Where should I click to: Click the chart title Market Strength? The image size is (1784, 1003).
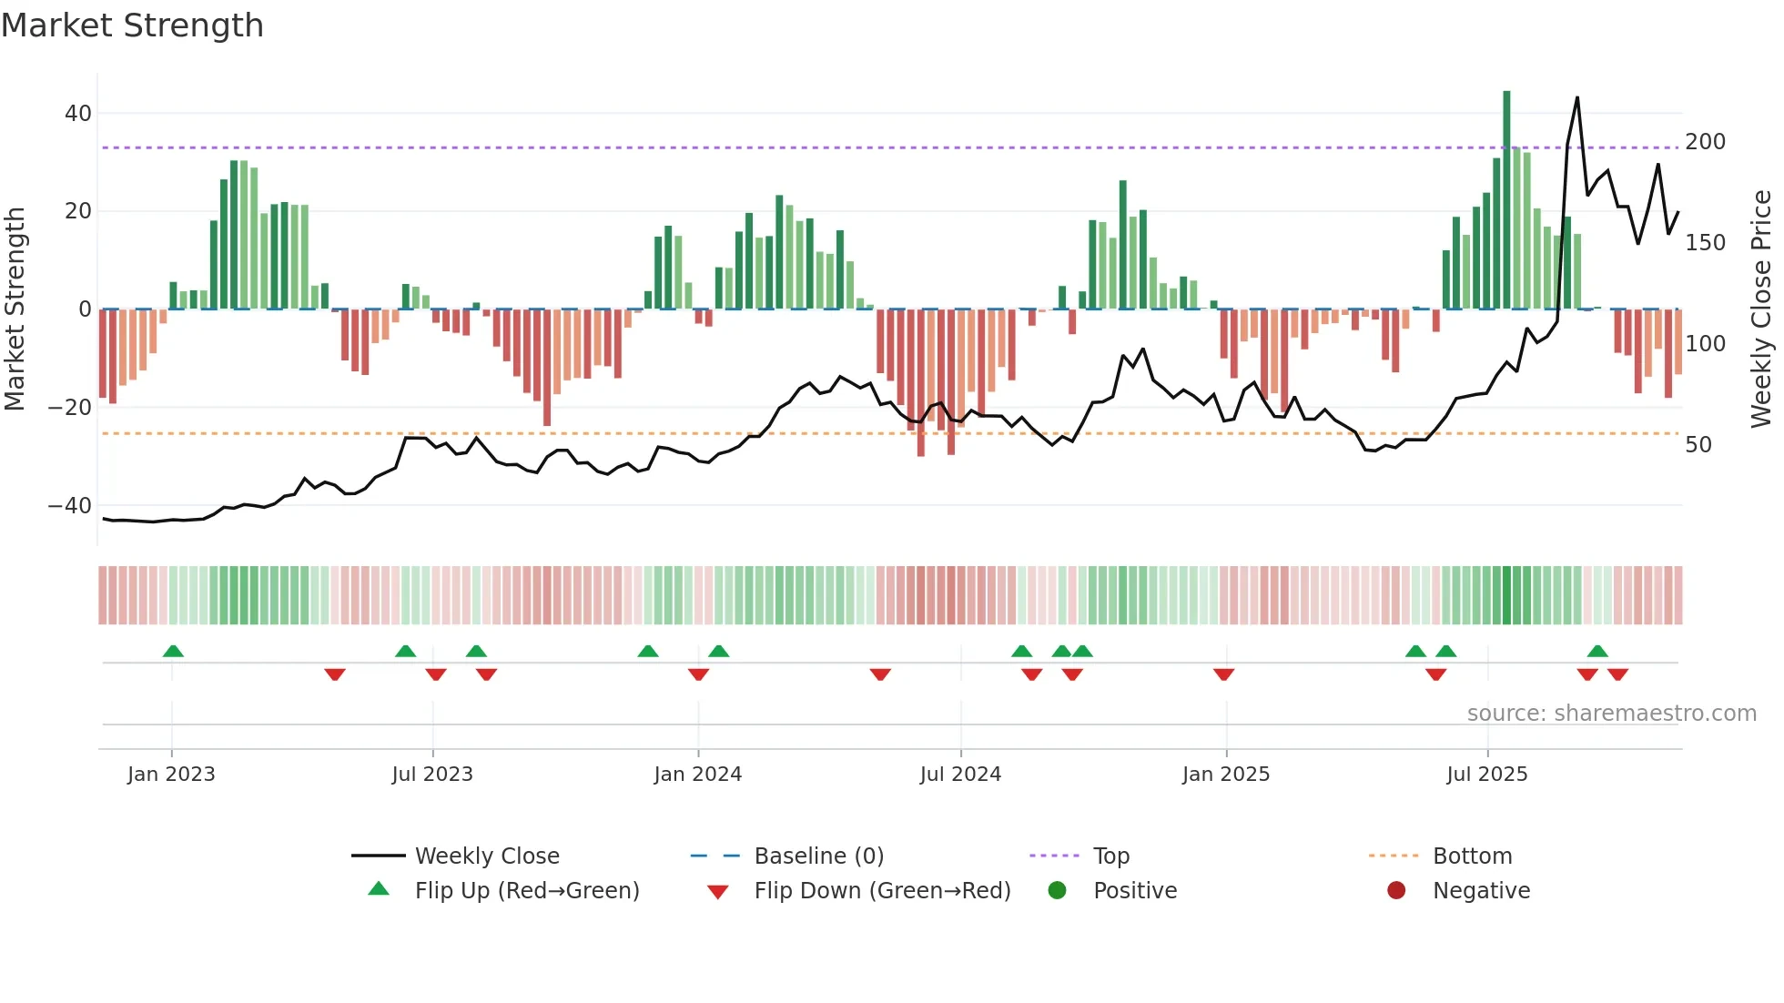[132, 25]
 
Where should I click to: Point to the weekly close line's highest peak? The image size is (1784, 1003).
[1576, 98]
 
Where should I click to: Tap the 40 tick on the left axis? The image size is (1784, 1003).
[78, 114]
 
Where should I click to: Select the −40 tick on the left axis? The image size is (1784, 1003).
[70, 505]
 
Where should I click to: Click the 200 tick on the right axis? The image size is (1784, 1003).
[1705, 142]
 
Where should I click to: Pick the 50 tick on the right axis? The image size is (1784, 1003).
[1698, 445]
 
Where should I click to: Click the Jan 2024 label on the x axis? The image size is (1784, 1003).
[697, 775]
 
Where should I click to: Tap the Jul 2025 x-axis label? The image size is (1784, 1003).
[1486, 775]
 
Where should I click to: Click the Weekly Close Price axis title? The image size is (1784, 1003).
[1761, 309]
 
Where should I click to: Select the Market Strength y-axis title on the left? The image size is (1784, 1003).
[15, 309]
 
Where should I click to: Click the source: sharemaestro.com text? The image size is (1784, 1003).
[1611, 714]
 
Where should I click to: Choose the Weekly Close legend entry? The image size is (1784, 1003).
[487, 856]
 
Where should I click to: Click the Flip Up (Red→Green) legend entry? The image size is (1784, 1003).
[526, 891]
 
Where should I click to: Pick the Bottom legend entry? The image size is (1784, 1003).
[1472, 856]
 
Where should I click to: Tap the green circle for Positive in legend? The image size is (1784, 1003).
[1057, 890]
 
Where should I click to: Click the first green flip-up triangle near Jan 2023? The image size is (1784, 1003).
[173, 651]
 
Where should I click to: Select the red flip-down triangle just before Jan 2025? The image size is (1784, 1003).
[1223, 674]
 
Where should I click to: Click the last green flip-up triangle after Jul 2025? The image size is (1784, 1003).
[1597, 651]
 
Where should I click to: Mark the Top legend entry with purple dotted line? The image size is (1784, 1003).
[1110, 856]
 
